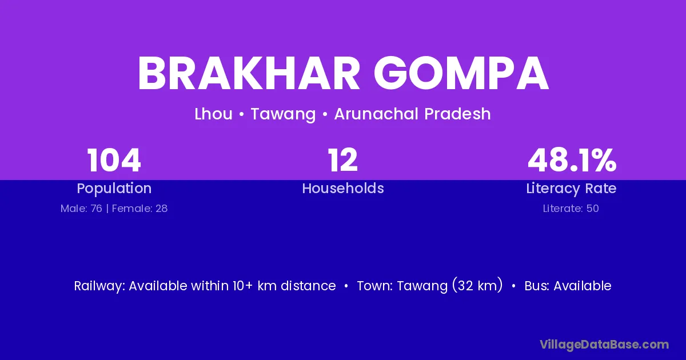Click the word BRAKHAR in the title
[249, 74]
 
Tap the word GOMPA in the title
[461, 74]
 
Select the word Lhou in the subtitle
[213, 114]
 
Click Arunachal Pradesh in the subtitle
[413, 114]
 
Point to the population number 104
[114, 160]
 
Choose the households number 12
[342, 160]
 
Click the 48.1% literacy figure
[572, 160]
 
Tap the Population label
[114, 189]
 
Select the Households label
[343, 188]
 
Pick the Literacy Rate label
[571, 189]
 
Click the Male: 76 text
[81, 209]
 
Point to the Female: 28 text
[139, 209]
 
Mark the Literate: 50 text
[571, 209]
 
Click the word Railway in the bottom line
[99, 286]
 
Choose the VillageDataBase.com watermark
[604, 345]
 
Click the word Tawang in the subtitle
[283, 114]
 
